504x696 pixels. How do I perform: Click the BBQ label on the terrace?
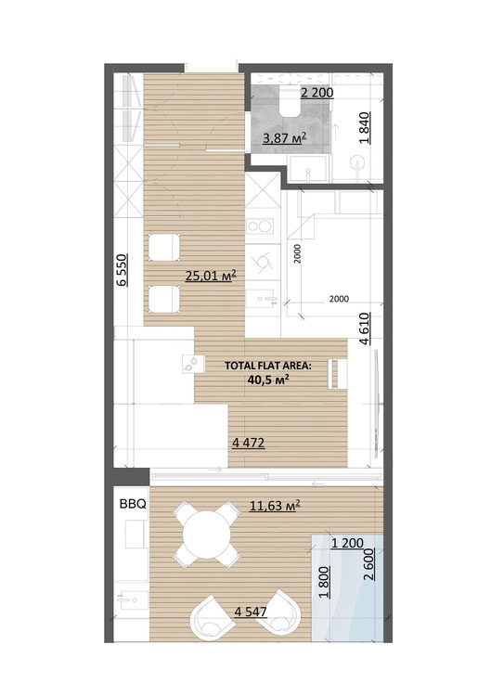click(x=133, y=504)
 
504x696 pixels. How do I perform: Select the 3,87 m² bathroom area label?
click(x=285, y=138)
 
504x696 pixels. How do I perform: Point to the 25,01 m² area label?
click(x=211, y=276)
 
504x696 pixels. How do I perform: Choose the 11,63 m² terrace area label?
click(x=275, y=505)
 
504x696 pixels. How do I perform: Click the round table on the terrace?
click(x=207, y=534)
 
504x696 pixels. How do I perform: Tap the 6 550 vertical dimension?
click(x=123, y=270)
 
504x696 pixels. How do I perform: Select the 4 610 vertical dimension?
click(x=364, y=329)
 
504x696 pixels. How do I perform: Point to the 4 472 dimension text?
click(x=249, y=443)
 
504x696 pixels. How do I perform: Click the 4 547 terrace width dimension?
click(x=251, y=612)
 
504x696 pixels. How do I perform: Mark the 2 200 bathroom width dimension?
click(x=317, y=93)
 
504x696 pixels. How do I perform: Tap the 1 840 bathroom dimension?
click(x=364, y=128)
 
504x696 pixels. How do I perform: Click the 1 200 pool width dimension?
click(x=347, y=543)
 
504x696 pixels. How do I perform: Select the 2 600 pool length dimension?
click(x=369, y=564)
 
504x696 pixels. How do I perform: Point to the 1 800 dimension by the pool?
click(x=325, y=583)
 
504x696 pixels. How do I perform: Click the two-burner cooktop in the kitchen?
click(x=259, y=226)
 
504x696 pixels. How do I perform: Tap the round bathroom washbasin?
click(x=357, y=162)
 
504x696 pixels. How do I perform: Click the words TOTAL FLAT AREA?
click(x=268, y=366)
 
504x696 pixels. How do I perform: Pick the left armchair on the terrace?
click(x=213, y=618)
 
